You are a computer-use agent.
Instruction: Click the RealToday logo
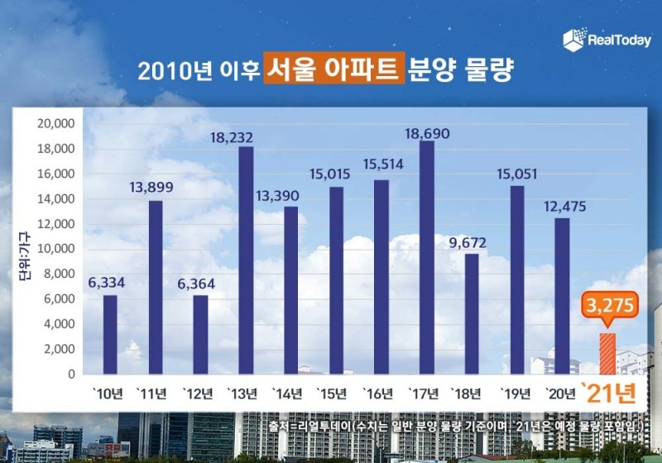click(607, 40)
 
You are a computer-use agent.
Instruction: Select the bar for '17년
click(426, 257)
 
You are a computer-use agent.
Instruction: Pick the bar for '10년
click(110, 334)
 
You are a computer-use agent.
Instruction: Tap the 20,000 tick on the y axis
click(56, 124)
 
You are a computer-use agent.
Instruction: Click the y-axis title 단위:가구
click(24, 248)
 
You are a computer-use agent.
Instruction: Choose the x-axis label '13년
click(245, 392)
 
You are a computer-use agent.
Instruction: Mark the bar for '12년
click(200, 334)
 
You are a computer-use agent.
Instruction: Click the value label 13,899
click(155, 188)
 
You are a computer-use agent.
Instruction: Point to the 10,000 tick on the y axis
click(56, 249)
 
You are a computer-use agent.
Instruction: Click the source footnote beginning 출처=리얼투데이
click(454, 425)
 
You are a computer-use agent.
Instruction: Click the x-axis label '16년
click(381, 392)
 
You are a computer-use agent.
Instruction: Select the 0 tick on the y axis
click(72, 374)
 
